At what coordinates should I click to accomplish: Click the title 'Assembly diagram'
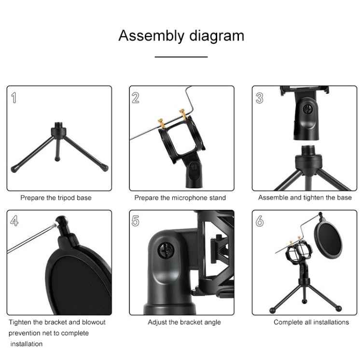[x=181, y=36]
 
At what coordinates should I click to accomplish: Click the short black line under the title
[x=181, y=57]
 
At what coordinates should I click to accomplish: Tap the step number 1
[x=14, y=98]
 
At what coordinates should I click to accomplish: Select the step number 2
[x=136, y=98]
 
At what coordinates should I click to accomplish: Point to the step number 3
[x=260, y=98]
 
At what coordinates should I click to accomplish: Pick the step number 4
[x=14, y=221]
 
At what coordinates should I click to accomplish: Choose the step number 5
[x=136, y=221]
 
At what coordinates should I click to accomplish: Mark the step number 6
[x=260, y=221]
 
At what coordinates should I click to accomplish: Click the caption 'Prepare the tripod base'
[x=56, y=197]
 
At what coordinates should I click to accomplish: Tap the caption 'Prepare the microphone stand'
[x=180, y=197]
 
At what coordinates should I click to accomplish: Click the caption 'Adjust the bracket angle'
[x=184, y=322]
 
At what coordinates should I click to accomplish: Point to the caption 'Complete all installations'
[x=311, y=322]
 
